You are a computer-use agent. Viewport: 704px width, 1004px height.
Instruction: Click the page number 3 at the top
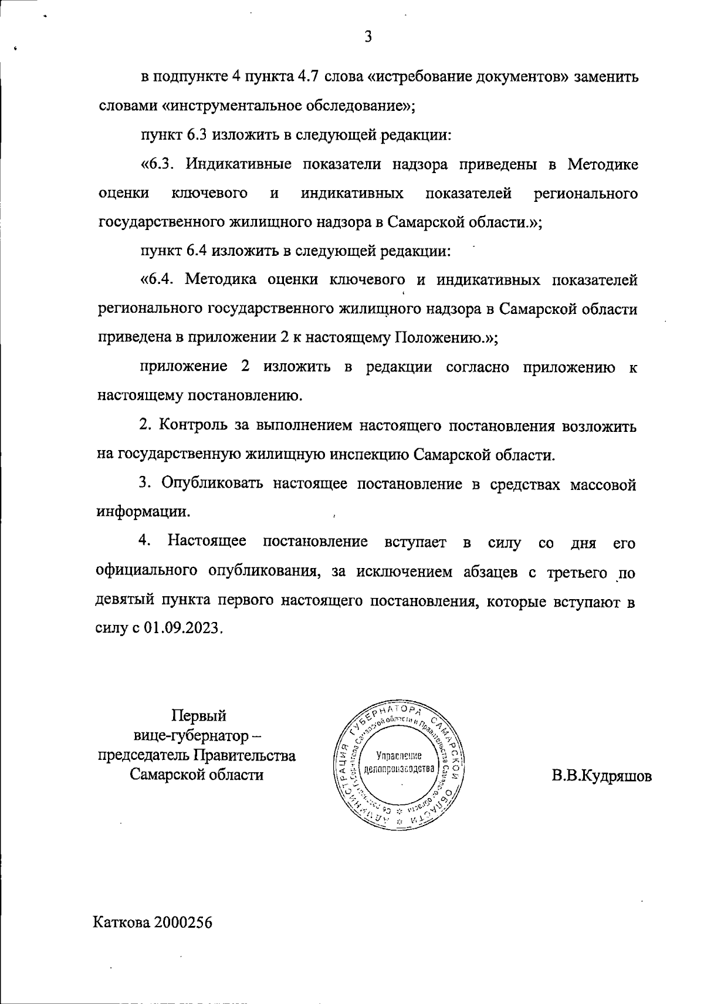point(368,37)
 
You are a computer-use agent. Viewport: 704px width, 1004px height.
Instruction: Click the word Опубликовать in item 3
point(212,484)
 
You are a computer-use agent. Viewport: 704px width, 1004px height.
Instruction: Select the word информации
point(143,512)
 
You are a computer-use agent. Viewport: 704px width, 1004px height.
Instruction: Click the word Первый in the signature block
point(198,716)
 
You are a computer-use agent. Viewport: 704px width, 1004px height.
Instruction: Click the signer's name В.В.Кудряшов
point(601,776)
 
